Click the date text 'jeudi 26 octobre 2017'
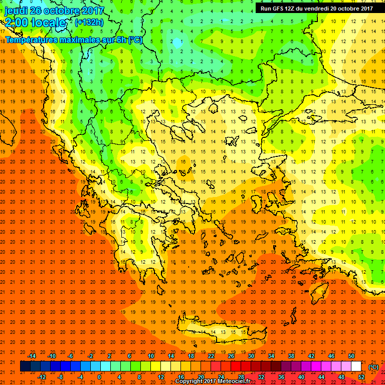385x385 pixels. pos(54,11)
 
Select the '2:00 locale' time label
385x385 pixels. pos(35,23)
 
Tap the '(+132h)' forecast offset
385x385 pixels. pos(89,23)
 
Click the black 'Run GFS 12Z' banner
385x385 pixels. pos(316,8)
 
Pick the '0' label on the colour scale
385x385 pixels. pos(99,376)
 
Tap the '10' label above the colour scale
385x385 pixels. pos(151,356)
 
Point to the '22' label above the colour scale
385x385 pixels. pos(211,356)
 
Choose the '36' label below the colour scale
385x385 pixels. pos(281,376)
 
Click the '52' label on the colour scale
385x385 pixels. pos(361,376)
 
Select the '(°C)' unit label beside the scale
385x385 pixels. pos(373,367)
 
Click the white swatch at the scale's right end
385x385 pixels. pos(356,366)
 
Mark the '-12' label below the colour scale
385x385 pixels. pos(42,376)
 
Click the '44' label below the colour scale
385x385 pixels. pos(321,376)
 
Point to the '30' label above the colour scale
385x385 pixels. pos(251,356)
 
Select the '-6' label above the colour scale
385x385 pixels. pos(71,356)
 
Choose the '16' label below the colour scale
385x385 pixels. pos(180,376)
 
